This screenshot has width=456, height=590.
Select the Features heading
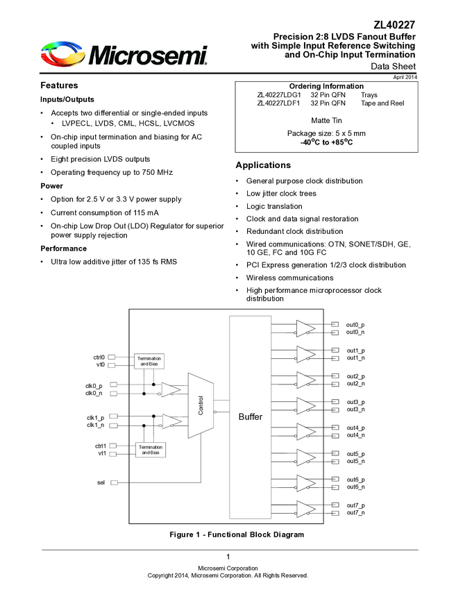(59, 85)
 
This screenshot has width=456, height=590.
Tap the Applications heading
(263, 165)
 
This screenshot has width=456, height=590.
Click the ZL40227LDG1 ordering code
(278, 94)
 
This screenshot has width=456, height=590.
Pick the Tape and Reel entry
(382, 103)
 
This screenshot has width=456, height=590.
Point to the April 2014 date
(405, 77)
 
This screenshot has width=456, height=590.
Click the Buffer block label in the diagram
(251, 416)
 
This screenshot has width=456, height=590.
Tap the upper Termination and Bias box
(150, 361)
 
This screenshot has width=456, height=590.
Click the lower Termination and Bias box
(150, 450)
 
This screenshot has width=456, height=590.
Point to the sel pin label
(101, 482)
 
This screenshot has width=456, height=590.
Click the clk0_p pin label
(94, 385)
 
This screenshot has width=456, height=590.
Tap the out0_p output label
(355, 325)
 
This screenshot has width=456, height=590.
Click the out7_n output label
(355, 512)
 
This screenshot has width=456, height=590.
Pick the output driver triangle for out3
(305, 405)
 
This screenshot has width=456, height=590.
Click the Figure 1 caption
(237, 534)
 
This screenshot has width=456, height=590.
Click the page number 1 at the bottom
(228, 557)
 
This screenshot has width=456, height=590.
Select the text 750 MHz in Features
(154, 172)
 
